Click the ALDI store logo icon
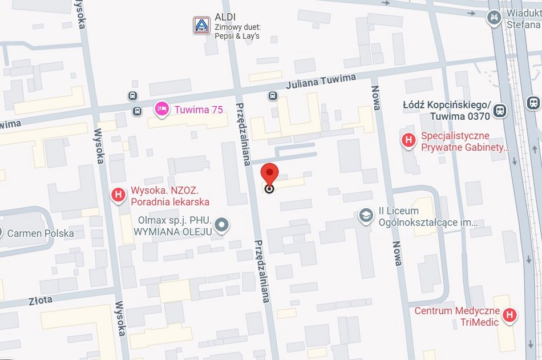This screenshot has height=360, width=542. [201, 25]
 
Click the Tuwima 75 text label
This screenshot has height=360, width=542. [199, 110]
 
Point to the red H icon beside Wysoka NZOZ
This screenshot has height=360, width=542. [118, 196]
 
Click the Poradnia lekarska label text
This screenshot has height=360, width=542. [170, 202]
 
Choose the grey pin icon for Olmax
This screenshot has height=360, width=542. [224, 225]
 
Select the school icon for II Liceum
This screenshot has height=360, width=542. [366, 217]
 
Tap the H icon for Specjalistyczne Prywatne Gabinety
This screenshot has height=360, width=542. [408, 140]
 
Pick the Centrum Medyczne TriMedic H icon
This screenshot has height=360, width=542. [510, 314]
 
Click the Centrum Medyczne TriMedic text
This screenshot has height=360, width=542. [457, 317]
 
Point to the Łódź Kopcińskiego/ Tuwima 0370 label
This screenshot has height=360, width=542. [446, 111]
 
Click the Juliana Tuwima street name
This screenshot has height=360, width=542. [325, 82]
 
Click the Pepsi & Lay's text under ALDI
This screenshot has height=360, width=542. [237, 36]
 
